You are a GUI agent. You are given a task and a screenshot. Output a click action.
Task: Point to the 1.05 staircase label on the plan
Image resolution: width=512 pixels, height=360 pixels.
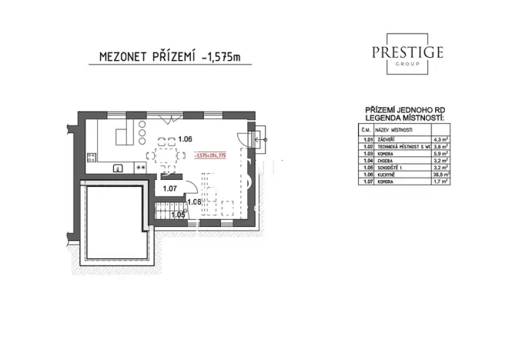[x=178, y=215]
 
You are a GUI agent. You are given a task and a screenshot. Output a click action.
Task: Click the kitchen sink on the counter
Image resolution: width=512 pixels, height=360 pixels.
[x=119, y=167]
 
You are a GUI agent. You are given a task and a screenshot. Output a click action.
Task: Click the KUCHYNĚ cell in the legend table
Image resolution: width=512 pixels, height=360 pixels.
[x=383, y=175]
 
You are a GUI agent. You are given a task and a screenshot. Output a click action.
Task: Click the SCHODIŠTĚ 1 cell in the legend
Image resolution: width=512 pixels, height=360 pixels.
[x=387, y=168]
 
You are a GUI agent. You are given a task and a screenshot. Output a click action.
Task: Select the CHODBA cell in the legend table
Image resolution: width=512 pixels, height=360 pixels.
[x=382, y=160]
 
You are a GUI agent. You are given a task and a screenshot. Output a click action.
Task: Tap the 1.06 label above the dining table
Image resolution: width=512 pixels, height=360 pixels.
[x=184, y=139]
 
